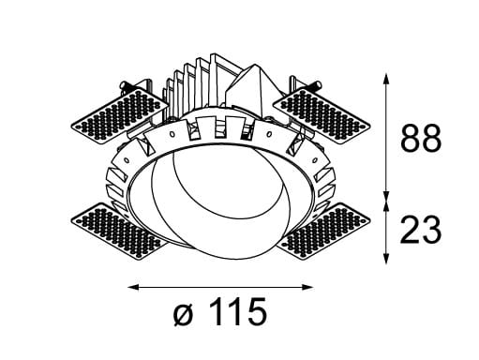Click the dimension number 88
tap(421, 141)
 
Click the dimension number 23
tap(421, 229)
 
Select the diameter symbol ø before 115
tap(184, 313)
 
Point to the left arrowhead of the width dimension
tap(131, 286)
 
